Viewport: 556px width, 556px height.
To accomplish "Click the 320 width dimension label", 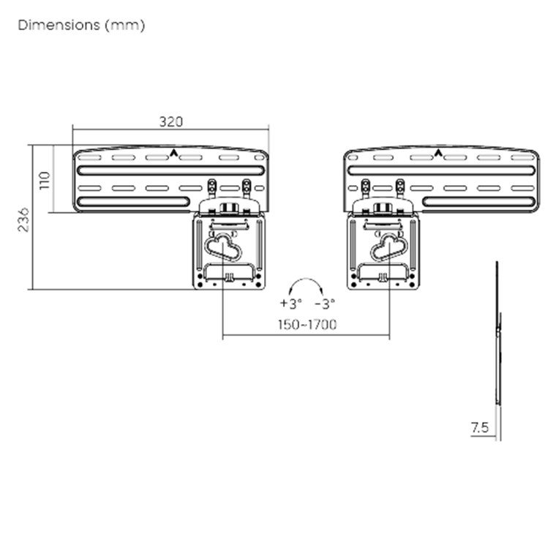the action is coord(171,121).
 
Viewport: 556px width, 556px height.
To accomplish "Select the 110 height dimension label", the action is coord(45,181).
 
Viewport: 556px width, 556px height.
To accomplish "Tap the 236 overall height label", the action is coord(23,220).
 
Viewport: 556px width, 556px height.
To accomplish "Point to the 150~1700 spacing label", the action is coord(307,324).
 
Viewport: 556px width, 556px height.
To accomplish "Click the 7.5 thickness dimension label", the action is coord(480,427).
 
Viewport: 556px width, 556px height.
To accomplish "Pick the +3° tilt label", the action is coord(290,303).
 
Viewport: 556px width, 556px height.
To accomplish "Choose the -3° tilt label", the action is coord(325,304).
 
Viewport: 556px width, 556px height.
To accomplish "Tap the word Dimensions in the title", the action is coord(59,25).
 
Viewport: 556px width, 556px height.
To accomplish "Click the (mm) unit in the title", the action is coord(125,26).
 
